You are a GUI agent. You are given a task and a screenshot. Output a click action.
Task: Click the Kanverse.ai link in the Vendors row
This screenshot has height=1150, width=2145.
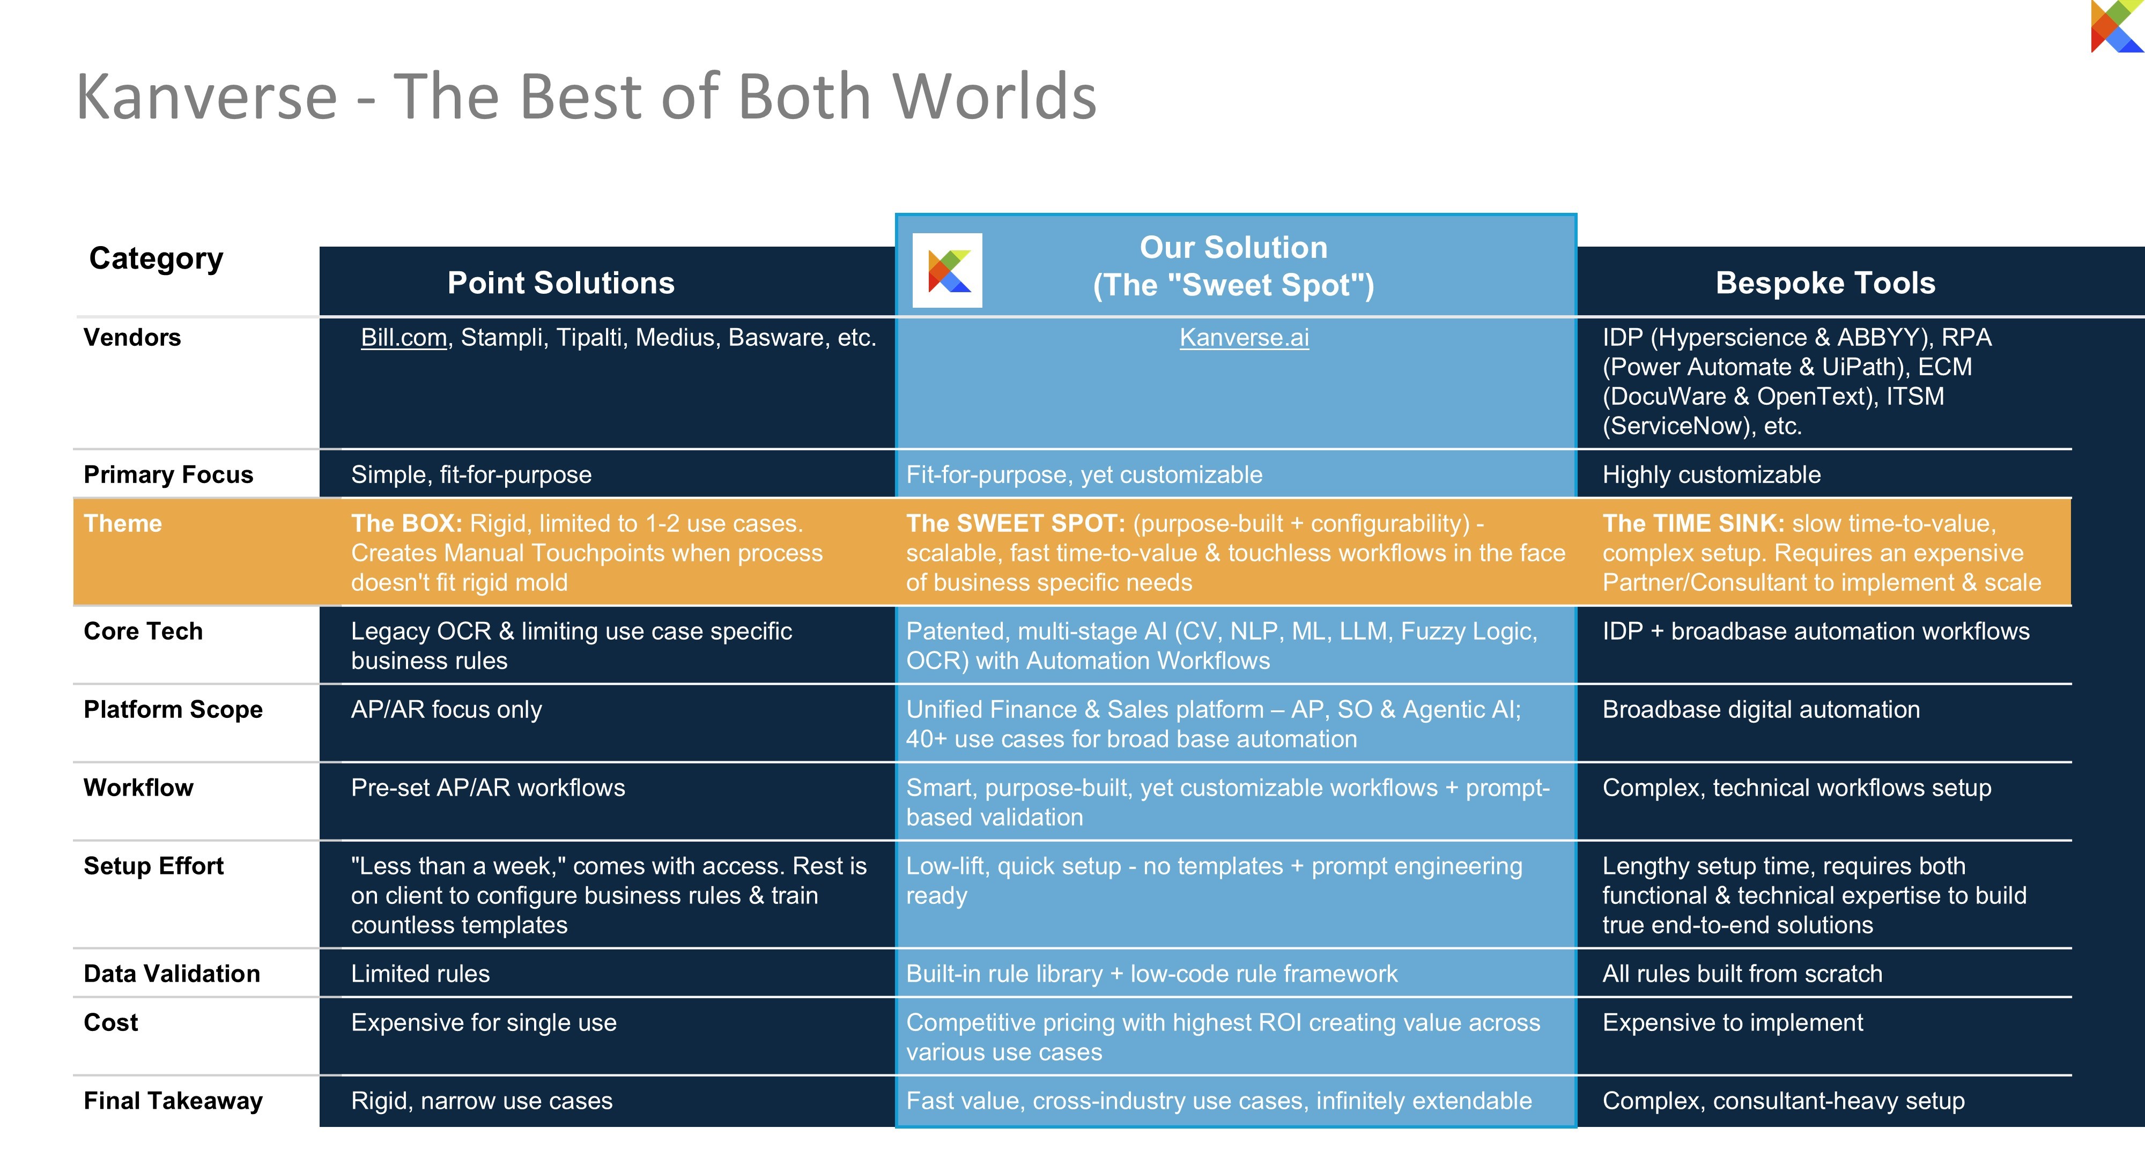point(1244,337)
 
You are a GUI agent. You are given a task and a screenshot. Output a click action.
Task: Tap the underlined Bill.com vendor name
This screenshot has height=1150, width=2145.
point(404,337)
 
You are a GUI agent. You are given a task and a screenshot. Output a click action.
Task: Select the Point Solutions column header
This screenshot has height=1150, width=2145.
point(560,283)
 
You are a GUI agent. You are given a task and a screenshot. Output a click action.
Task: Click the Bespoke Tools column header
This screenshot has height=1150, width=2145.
point(1825,283)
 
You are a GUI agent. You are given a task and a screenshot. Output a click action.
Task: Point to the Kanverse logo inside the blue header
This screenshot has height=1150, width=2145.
point(948,271)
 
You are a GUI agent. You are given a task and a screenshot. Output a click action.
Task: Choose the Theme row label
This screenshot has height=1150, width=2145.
point(123,523)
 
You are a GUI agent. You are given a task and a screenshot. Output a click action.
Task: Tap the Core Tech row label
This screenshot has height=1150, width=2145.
point(143,631)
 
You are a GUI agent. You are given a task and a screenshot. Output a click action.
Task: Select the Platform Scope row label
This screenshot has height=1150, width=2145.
point(173,709)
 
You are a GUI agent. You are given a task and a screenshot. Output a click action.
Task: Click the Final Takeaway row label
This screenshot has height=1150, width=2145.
point(173,1101)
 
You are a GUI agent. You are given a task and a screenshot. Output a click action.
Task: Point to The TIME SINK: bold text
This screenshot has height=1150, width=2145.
point(1693,523)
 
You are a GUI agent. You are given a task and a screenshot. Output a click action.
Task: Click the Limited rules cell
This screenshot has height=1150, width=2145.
point(420,974)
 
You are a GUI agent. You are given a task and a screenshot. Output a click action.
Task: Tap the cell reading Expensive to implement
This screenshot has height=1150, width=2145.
point(1733,1022)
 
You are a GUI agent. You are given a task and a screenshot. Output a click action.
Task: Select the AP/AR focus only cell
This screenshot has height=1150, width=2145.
point(446,709)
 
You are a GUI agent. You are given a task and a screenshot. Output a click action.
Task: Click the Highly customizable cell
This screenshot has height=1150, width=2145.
point(1711,474)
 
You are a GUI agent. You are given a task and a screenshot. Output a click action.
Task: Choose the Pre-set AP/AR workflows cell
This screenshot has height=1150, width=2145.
point(488,788)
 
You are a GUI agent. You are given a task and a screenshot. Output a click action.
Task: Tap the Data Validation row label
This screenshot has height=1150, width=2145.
point(172,974)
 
